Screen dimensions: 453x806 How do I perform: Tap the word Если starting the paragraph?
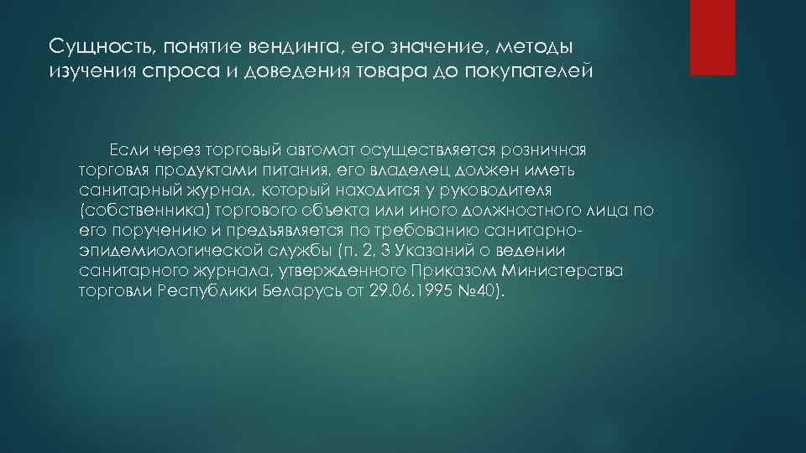tap(126, 150)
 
